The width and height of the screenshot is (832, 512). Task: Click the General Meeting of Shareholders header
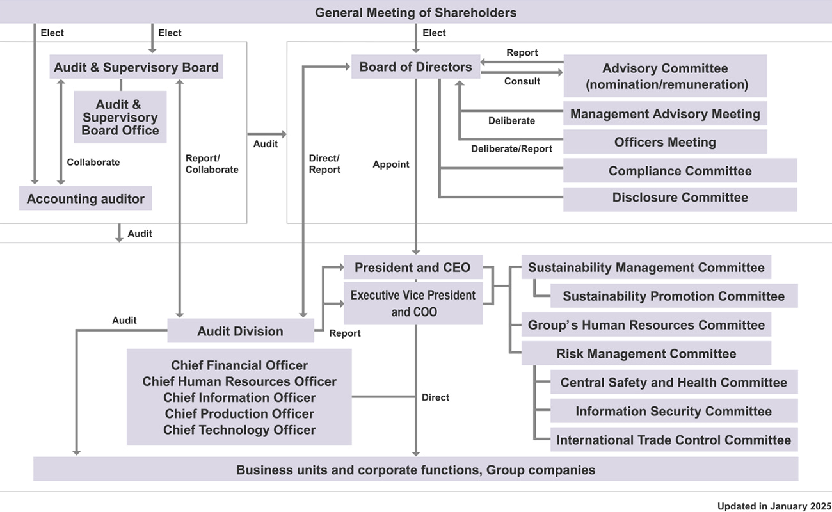point(415,12)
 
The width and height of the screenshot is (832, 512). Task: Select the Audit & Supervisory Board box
point(136,67)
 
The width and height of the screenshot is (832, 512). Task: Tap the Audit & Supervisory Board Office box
point(120,117)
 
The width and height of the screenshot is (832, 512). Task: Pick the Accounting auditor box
point(86,198)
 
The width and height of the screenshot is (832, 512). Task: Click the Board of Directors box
point(415,67)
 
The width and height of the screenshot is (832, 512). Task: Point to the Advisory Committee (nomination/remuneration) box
point(665,76)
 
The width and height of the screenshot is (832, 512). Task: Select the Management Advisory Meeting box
point(665,114)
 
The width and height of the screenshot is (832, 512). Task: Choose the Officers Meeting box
point(665,142)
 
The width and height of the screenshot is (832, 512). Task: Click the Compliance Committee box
point(680,171)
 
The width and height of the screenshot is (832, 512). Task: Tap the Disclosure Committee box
point(680,197)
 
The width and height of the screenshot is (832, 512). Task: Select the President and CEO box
point(413,268)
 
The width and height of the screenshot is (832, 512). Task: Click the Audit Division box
point(240,331)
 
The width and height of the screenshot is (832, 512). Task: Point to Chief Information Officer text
point(239,397)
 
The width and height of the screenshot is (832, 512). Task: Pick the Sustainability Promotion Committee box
point(673,296)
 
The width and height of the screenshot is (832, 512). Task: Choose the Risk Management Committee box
point(646,354)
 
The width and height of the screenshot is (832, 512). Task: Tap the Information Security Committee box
point(673,412)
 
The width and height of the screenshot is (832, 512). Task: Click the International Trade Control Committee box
point(673,440)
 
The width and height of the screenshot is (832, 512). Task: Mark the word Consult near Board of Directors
point(522,81)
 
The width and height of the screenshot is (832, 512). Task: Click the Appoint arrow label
point(391,164)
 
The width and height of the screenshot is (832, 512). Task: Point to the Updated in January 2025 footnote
point(774,506)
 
